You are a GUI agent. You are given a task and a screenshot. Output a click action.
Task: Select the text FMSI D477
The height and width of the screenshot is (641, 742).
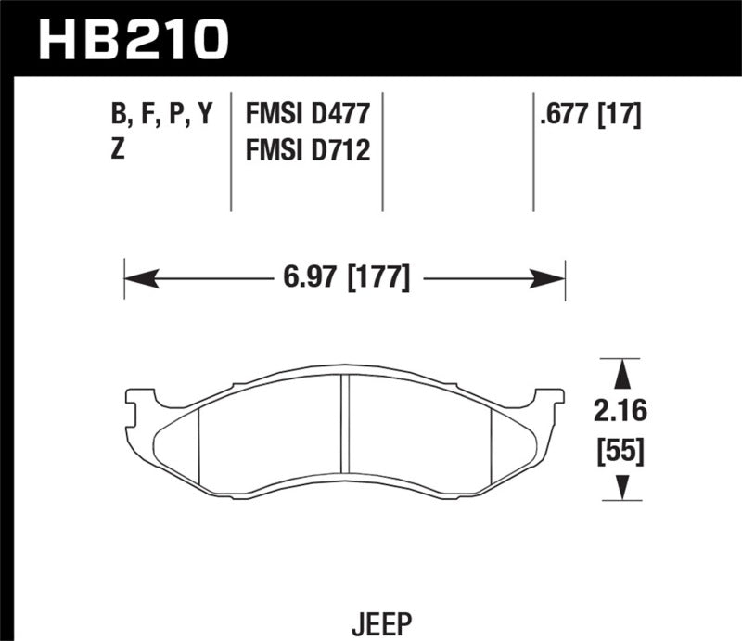click(308, 114)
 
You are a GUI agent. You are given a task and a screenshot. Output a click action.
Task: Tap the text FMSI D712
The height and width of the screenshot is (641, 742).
click(308, 149)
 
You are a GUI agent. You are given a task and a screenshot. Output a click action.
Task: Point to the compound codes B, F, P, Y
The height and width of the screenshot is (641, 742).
click(160, 114)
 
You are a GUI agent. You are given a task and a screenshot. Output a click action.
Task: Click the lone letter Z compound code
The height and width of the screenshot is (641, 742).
click(118, 149)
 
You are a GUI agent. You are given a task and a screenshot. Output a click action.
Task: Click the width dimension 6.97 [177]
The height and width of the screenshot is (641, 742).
click(344, 276)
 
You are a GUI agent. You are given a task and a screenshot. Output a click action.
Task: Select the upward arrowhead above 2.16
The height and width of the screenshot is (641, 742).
click(624, 374)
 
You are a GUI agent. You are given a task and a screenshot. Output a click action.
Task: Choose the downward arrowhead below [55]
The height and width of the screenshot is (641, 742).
click(624, 486)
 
